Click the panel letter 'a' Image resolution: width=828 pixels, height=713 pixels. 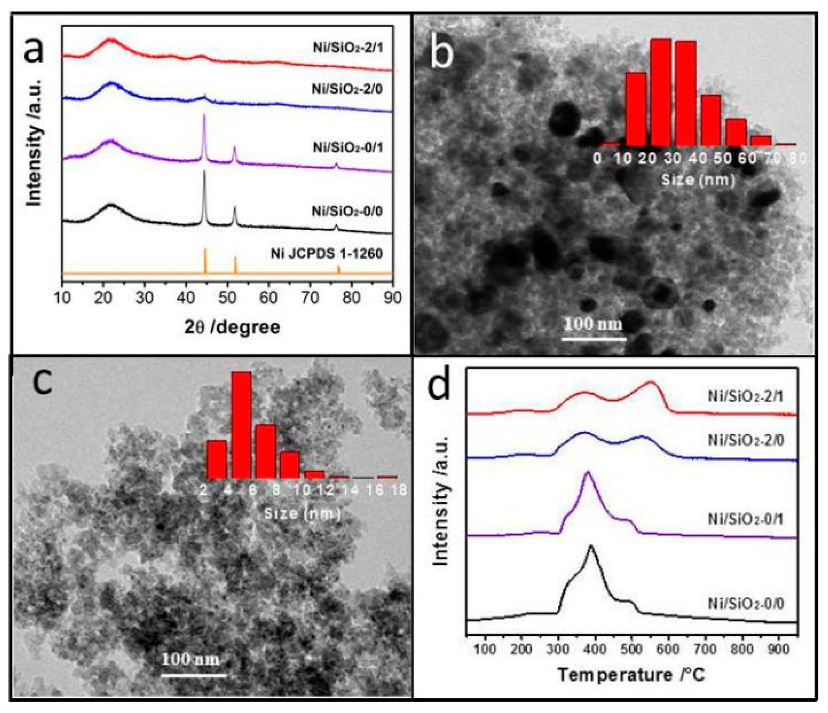click(34, 50)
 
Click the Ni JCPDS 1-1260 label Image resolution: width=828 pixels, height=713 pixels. click(326, 254)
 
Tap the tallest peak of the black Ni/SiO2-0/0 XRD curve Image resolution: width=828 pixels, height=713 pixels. click(204, 171)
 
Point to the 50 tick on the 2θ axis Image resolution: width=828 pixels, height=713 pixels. click(227, 298)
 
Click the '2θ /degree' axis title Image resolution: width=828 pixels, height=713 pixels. click(232, 327)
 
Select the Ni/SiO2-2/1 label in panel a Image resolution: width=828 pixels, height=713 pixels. click(347, 47)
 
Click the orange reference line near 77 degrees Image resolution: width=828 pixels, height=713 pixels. click(339, 269)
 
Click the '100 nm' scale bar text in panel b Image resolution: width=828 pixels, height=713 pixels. click(593, 324)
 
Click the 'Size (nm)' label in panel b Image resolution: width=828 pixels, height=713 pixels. click(698, 180)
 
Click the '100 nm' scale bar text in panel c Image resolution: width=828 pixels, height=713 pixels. click(191, 659)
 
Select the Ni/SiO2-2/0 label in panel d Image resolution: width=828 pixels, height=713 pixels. click(746, 440)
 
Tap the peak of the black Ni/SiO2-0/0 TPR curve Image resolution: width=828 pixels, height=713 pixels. click(591, 546)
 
